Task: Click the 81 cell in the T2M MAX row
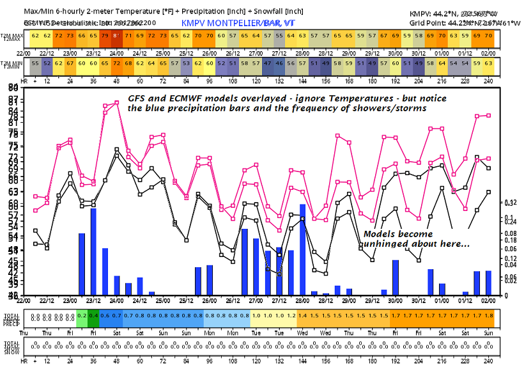(x=116, y=36)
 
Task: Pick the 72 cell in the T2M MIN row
(x=116, y=63)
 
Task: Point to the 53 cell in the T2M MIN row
(x=186, y=63)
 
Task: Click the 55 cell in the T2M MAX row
(x=279, y=36)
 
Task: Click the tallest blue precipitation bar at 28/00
(x=302, y=249)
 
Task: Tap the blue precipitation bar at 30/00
(x=396, y=277)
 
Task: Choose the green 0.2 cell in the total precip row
(x=82, y=316)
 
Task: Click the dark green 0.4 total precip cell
(x=93, y=316)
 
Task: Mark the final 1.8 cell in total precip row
(x=489, y=316)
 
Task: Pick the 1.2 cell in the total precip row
(x=291, y=316)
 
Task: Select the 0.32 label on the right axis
(x=510, y=203)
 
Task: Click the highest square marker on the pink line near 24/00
(x=117, y=102)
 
